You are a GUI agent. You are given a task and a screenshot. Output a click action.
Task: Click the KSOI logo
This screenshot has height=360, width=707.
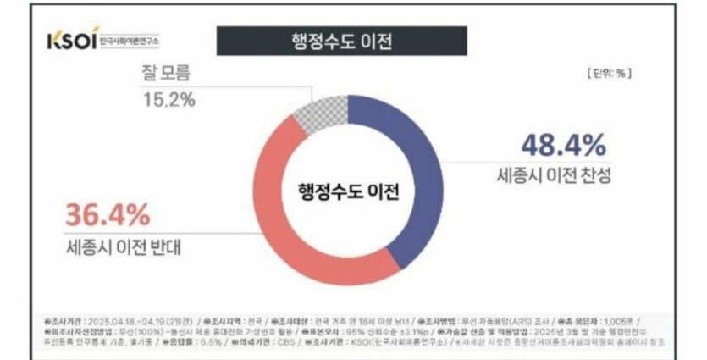tap(71, 42)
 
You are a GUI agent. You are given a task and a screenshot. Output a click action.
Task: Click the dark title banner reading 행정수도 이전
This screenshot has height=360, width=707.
tap(341, 42)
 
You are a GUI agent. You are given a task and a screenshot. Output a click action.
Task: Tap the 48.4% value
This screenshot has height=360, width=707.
tap(563, 145)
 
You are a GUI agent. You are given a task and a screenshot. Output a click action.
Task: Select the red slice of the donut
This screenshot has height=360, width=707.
tap(288, 212)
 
